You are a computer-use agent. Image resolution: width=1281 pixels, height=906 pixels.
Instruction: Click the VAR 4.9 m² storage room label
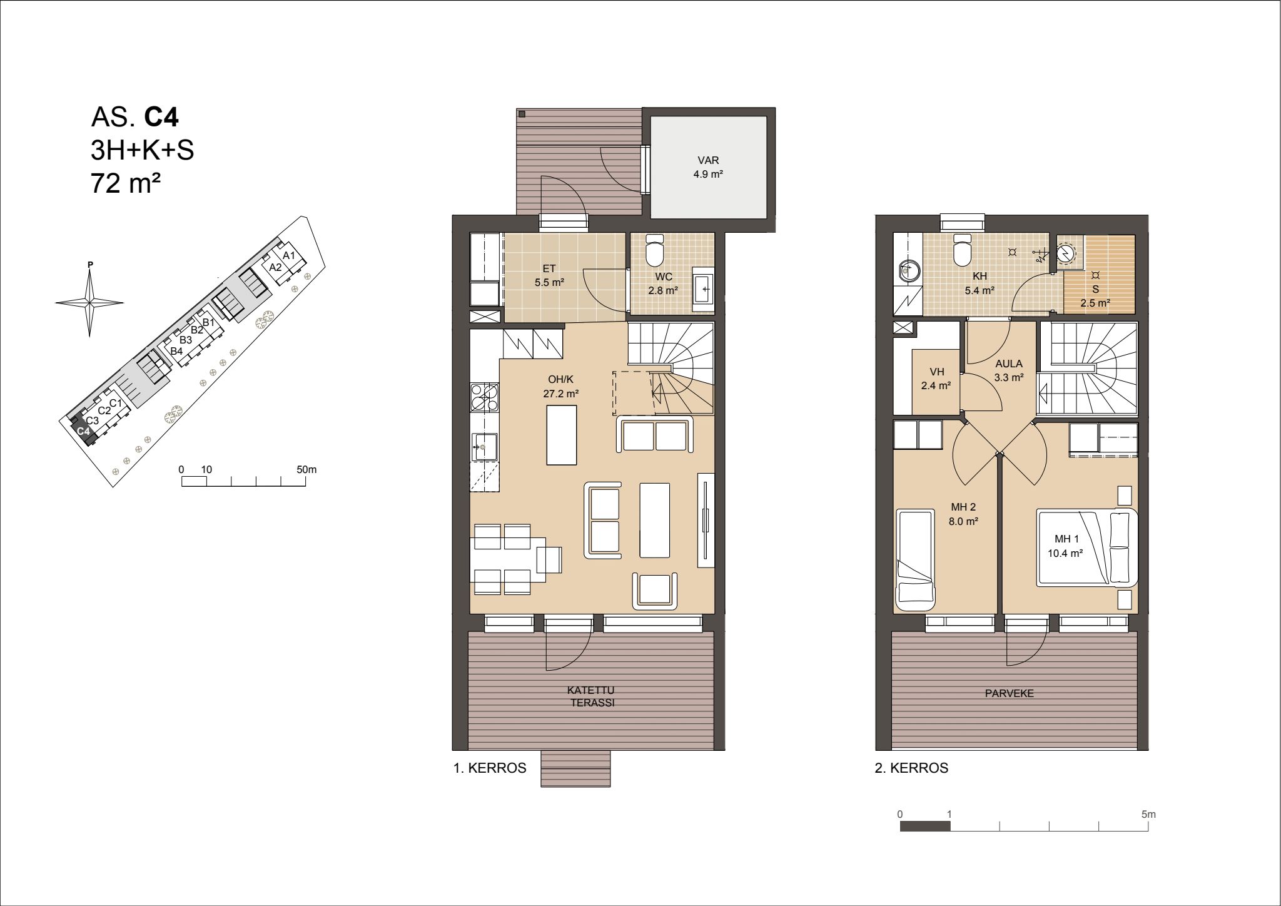(x=708, y=167)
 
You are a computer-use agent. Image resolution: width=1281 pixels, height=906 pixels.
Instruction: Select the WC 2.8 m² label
(x=663, y=283)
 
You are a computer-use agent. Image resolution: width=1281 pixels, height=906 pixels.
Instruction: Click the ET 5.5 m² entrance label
(x=549, y=275)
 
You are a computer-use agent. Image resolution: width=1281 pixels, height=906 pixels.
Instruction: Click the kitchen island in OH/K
(x=562, y=435)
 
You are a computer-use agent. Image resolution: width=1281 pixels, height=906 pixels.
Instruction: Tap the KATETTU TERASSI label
(x=591, y=696)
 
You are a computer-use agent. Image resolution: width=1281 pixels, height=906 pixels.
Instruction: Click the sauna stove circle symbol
(x=1066, y=252)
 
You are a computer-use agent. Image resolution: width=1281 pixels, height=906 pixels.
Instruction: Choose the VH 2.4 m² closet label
(x=936, y=379)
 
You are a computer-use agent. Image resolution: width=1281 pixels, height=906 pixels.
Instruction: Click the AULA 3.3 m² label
(x=1009, y=370)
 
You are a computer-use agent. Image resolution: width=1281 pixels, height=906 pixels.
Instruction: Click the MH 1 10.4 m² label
(x=1066, y=546)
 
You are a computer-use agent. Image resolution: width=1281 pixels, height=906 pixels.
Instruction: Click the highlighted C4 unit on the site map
(x=84, y=431)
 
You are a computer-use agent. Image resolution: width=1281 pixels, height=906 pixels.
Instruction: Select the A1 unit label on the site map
(x=288, y=255)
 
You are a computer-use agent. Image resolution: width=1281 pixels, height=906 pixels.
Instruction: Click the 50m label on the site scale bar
(x=306, y=469)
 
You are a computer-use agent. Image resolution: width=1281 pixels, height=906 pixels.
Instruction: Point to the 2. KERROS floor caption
(x=911, y=768)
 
